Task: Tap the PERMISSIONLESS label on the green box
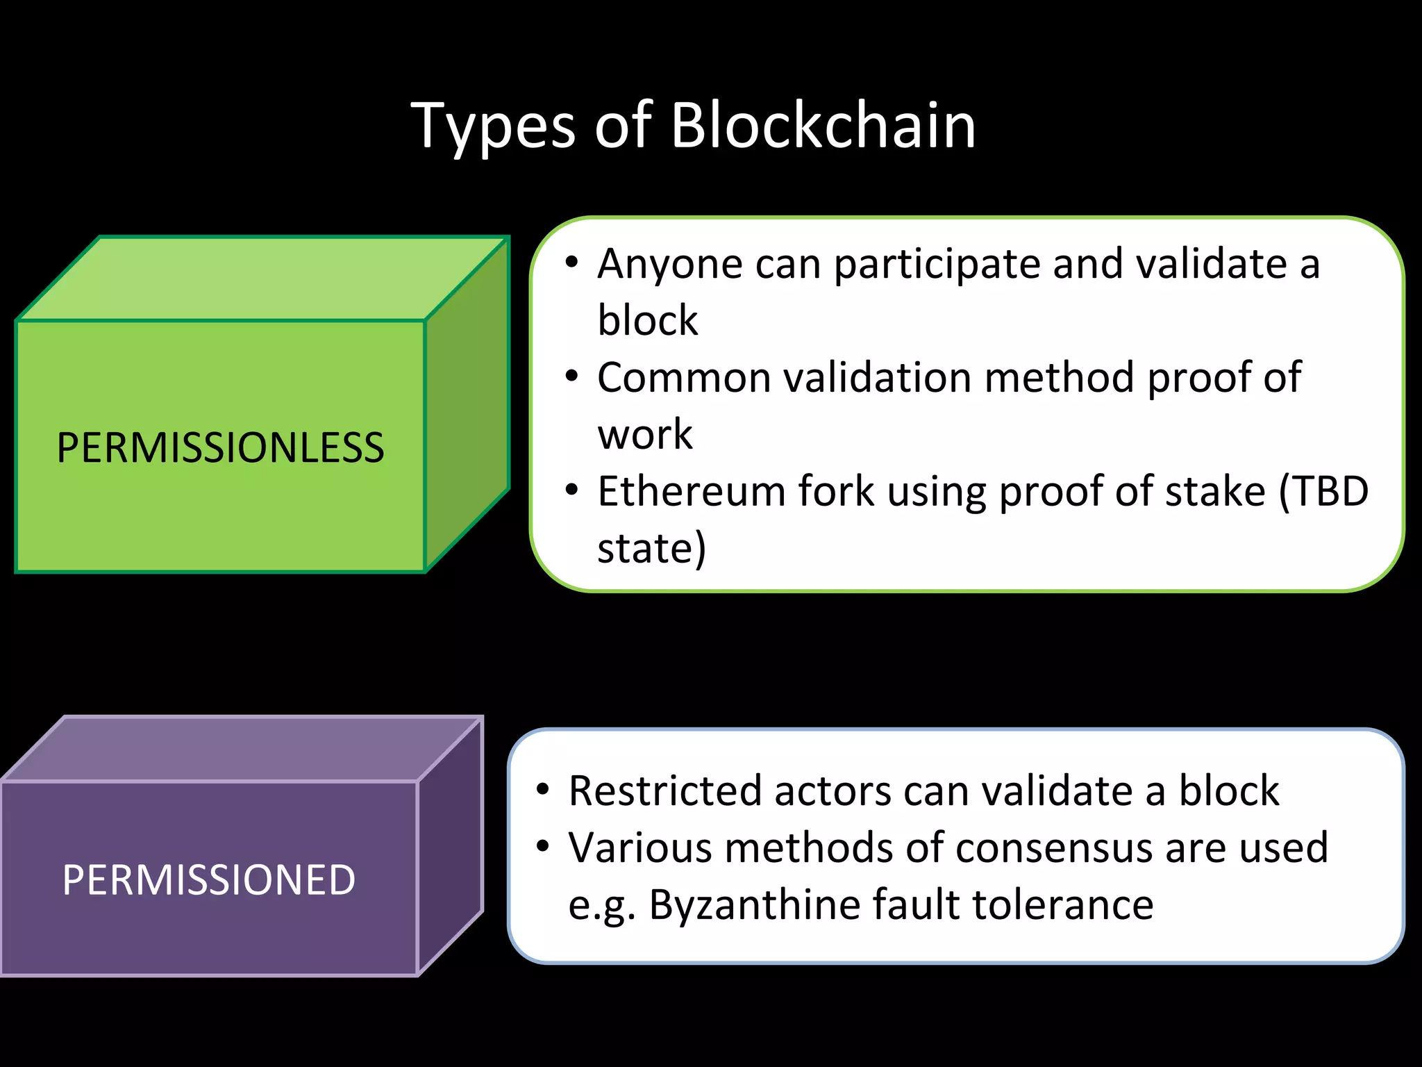220,448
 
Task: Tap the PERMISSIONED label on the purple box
208,880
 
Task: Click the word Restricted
664,791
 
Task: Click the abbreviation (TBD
1323,492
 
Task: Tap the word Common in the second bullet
683,378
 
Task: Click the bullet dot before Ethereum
571,490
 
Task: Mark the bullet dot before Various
543,846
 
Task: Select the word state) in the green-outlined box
651,549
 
